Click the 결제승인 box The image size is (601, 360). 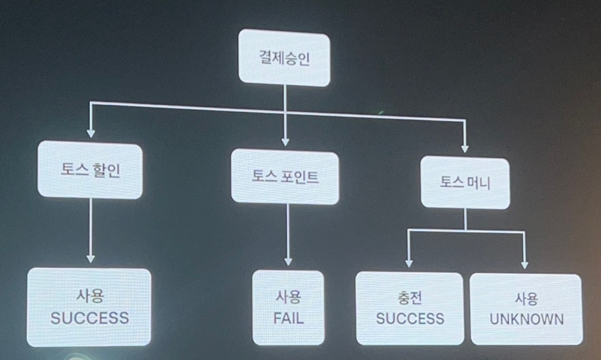pos(284,58)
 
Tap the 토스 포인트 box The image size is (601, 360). pos(285,177)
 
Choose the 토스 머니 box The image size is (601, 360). pos(466,183)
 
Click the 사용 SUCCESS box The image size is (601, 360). pos(90,306)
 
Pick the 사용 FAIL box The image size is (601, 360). pos(288,308)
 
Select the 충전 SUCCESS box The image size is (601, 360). pos(410,310)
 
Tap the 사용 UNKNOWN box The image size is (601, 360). pos(527,310)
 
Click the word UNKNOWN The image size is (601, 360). pos(527,320)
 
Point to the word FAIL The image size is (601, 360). pos(288,318)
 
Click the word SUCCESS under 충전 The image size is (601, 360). pos(410,320)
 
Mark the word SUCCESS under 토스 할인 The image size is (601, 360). pos(90,317)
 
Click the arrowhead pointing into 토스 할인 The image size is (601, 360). pos(90,132)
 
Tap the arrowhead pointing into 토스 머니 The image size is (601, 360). pos(465,148)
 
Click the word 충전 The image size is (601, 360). pos(410,298)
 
